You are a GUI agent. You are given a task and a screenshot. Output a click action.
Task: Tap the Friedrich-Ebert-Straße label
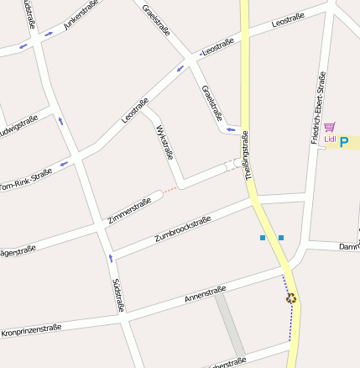[318, 108]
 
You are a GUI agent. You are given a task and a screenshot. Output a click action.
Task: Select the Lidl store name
[329, 139]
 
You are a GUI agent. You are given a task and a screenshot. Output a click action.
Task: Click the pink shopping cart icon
[329, 127]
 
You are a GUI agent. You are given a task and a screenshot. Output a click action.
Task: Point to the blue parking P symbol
[343, 143]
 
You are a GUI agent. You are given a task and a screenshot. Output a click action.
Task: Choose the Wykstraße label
[164, 142]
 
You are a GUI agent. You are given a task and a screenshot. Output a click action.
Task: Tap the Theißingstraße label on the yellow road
[248, 155]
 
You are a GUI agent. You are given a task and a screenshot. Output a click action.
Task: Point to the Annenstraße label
[205, 295]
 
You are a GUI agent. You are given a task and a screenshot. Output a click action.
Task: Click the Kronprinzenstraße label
[31, 330]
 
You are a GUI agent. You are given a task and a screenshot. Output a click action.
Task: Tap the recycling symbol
[290, 297]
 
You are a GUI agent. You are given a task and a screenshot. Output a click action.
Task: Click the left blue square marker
[263, 238]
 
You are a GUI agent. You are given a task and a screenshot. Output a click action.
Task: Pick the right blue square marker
[281, 238]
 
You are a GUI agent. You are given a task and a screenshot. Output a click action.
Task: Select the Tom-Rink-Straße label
[25, 179]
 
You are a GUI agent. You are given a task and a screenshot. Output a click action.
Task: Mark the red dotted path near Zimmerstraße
[170, 190]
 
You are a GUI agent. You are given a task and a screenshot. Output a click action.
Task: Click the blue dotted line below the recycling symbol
[291, 323]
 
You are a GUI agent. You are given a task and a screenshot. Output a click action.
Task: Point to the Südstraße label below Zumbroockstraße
[117, 296]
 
